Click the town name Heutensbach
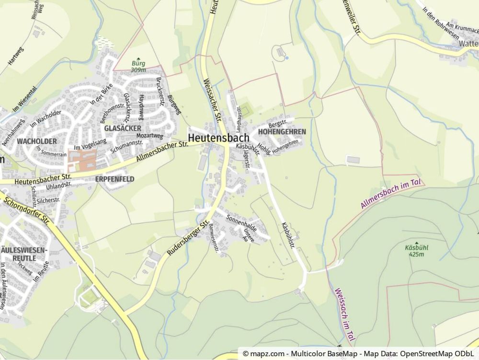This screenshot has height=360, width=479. tap(218, 137)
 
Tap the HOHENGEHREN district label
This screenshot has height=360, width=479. tap(282, 131)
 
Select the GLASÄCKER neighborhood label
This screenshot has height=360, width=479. tap(123, 128)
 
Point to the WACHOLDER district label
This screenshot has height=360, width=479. tap(36, 141)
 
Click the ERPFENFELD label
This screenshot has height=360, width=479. tap(114, 179)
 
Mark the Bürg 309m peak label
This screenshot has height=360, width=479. tap(138, 66)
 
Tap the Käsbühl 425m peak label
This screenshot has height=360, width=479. tap(416, 250)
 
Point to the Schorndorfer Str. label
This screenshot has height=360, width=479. tap(26, 209)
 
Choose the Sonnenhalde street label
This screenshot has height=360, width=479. tap(241, 223)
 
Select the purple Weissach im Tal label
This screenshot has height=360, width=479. tap(343, 316)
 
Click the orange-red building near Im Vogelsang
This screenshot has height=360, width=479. tap(82, 160)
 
